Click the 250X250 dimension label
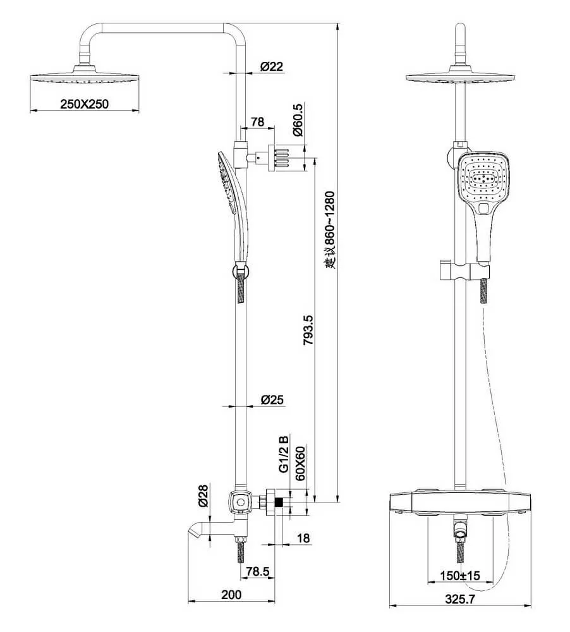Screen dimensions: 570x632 tap(84, 104)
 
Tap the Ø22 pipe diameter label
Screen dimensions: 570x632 tap(272, 66)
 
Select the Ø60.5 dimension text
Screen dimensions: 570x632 tap(298, 120)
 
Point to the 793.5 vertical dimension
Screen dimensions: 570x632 tap(308, 330)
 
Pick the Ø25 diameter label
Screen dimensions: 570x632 tap(272, 399)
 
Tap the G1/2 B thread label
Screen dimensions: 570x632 tap(284, 453)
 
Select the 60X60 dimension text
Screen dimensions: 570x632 tap(300, 463)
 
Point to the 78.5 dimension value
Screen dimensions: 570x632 tap(258, 571)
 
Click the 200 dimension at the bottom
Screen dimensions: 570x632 tap(231, 595)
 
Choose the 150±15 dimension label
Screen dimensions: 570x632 tap(460, 575)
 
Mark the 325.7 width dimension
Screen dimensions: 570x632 tap(460, 599)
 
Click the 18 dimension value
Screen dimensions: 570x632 tap(303, 538)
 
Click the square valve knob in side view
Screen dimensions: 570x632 tap(240, 502)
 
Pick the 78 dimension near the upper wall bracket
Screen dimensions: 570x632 tap(257, 121)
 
